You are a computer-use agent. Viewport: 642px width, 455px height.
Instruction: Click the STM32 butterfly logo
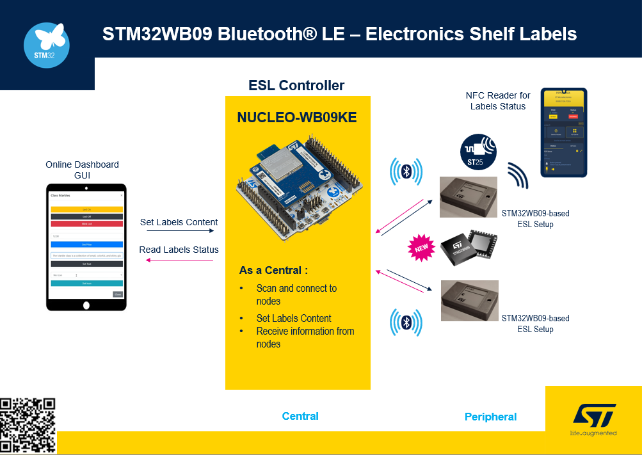(x=47, y=45)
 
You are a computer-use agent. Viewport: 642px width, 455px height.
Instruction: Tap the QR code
(x=28, y=426)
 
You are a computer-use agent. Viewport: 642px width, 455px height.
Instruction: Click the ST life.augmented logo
(x=593, y=419)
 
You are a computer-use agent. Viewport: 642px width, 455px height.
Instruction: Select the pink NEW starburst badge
(x=421, y=248)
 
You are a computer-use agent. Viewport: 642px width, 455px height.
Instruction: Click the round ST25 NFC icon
(x=479, y=153)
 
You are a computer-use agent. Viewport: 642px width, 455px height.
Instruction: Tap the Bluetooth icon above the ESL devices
(x=406, y=172)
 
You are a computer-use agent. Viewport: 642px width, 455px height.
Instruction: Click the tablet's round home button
(x=86, y=305)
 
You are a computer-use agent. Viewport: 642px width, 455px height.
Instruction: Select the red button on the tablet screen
(x=86, y=224)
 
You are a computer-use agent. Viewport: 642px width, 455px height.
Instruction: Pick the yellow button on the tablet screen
(x=86, y=209)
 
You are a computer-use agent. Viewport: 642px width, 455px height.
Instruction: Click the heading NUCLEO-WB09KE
(x=297, y=118)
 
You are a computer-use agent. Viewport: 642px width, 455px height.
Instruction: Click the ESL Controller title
(x=296, y=86)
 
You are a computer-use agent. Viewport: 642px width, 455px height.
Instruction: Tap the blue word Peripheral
(x=490, y=417)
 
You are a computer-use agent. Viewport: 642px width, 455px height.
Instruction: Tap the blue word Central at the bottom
(x=300, y=417)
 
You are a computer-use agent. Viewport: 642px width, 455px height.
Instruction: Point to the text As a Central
(x=273, y=271)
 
